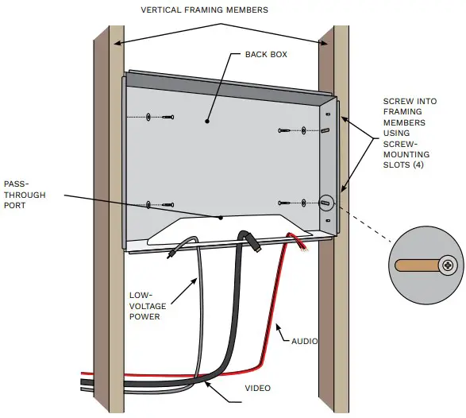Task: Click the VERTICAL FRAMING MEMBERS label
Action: pos(204,10)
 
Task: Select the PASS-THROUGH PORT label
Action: pos(25,194)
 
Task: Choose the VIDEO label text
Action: pos(257,388)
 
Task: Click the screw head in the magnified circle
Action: pos(448,265)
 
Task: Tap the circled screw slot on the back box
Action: pos(325,203)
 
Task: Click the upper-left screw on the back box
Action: pos(148,118)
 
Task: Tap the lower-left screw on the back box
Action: pos(148,205)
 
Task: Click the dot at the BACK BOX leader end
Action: pos(207,122)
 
